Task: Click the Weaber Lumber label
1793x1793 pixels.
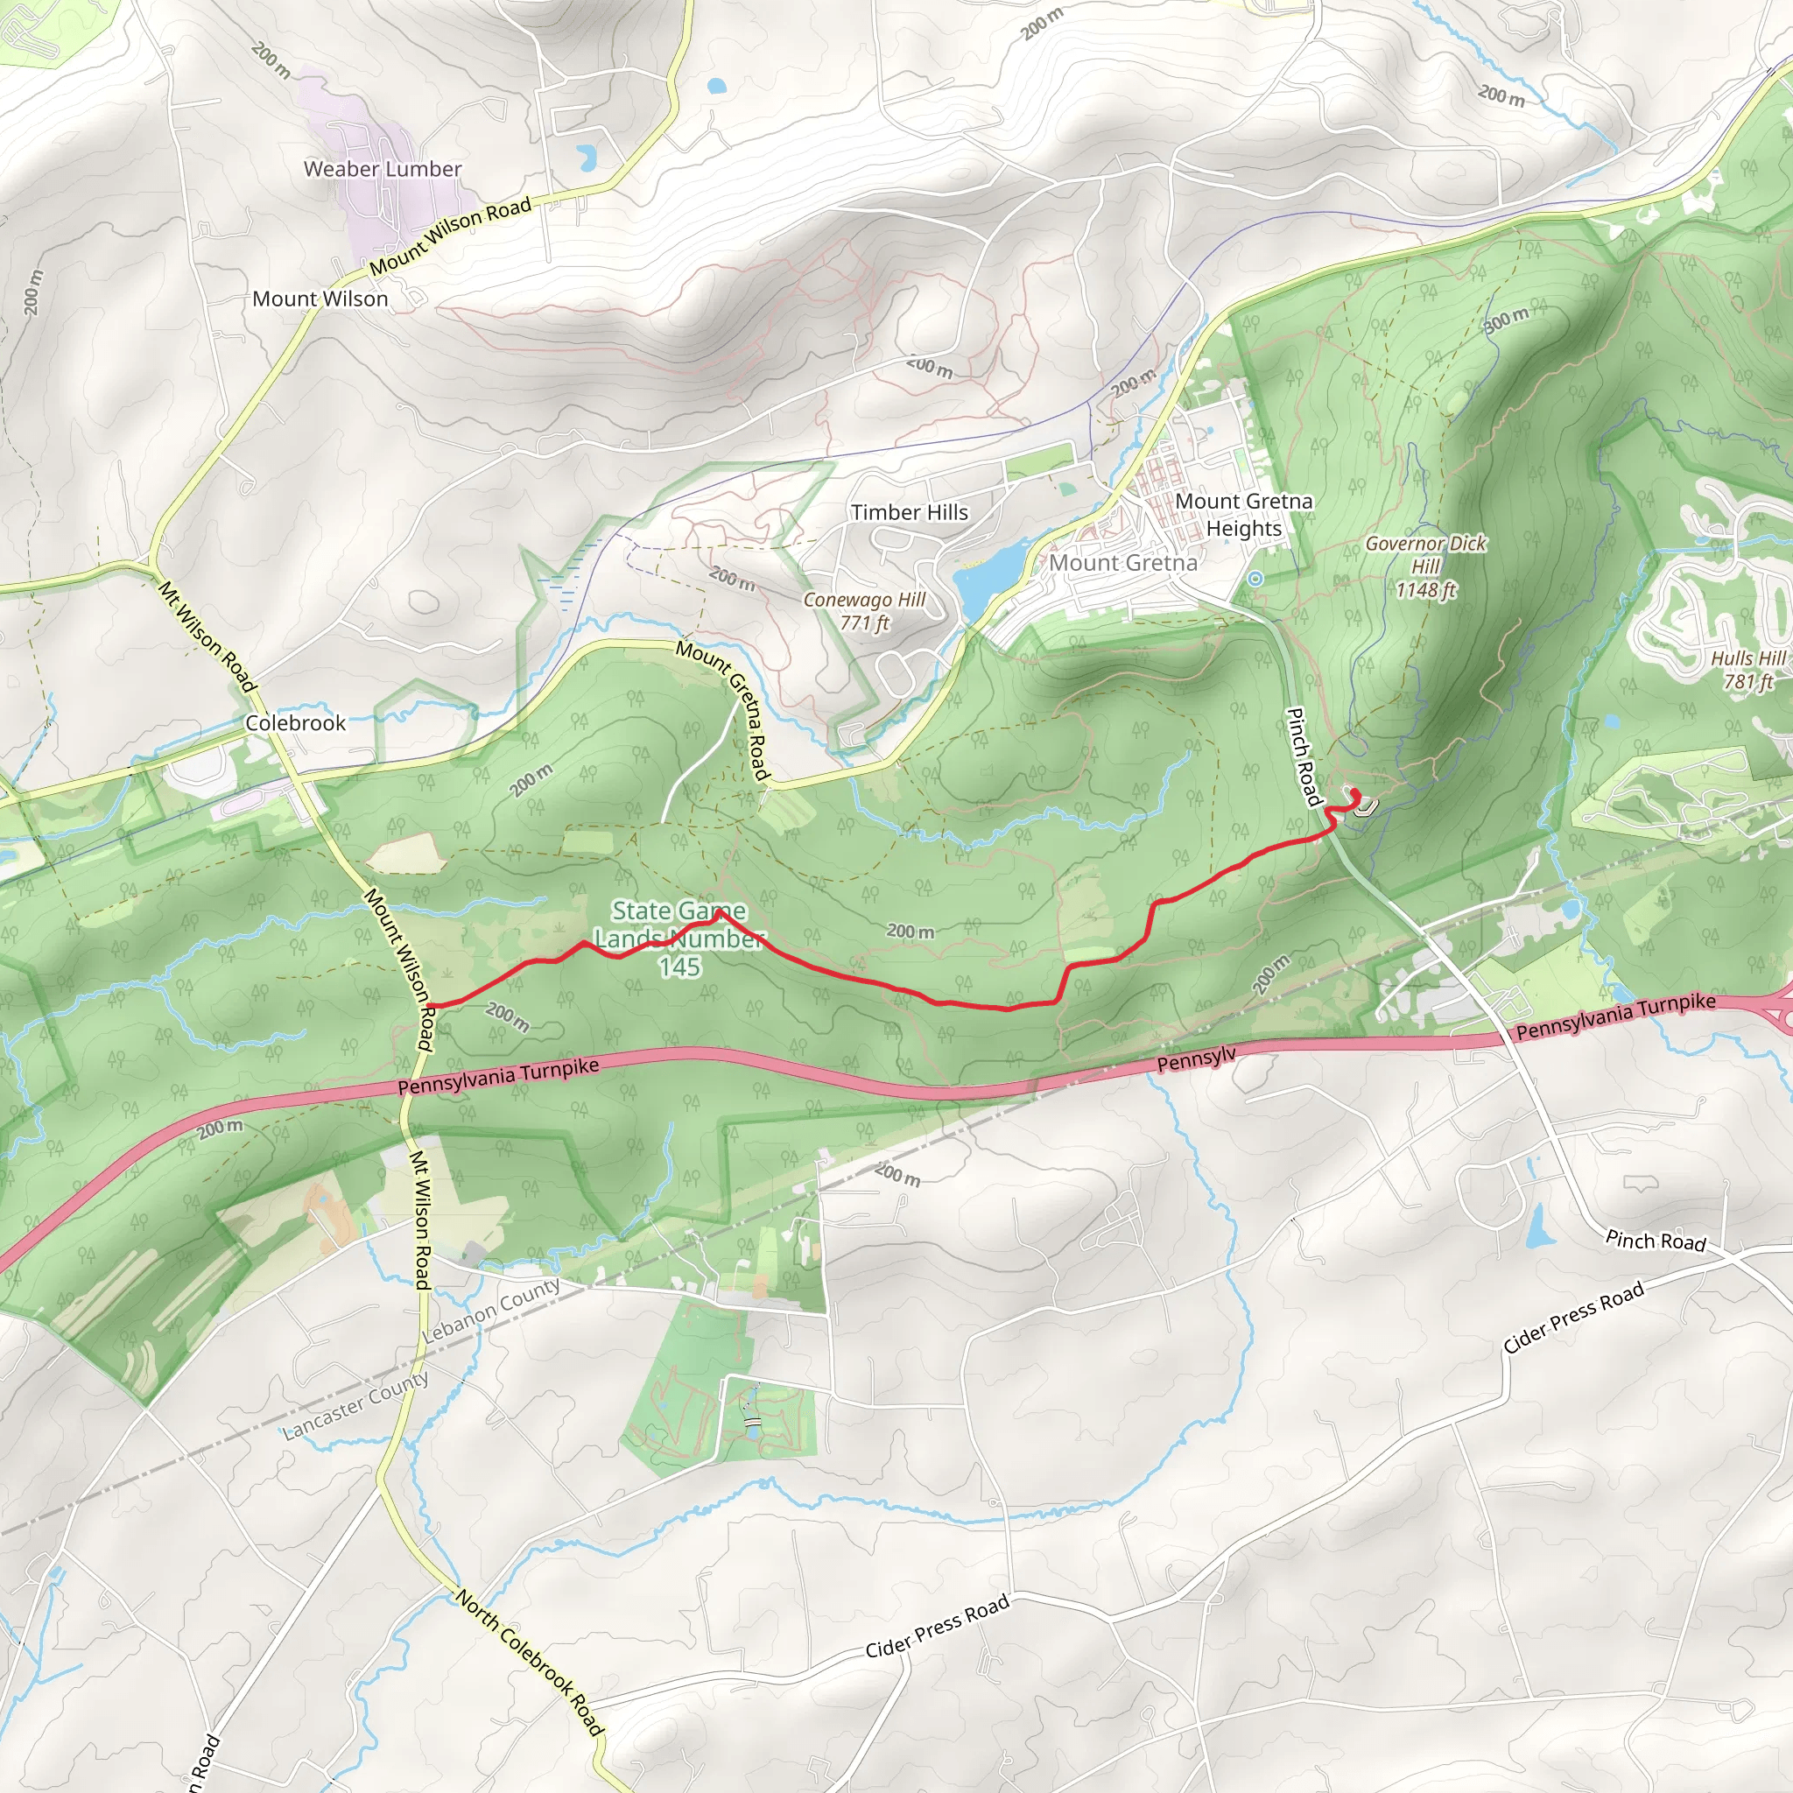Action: (383, 169)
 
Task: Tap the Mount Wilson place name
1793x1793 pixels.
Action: (320, 299)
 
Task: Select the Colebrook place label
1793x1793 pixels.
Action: (295, 723)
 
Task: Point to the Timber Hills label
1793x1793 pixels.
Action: (910, 512)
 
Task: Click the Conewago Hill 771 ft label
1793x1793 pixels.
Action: (864, 611)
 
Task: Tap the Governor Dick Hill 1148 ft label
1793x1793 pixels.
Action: (1425, 566)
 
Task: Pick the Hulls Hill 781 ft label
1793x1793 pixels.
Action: (1747, 670)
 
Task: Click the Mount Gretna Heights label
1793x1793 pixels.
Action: (1243, 514)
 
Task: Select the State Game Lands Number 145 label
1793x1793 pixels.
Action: (679, 939)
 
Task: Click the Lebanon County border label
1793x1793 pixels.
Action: (492, 1309)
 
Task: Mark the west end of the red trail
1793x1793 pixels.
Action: (432, 1005)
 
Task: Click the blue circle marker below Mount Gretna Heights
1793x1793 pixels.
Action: (1255, 578)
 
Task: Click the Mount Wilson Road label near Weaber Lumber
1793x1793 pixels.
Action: (450, 235)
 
